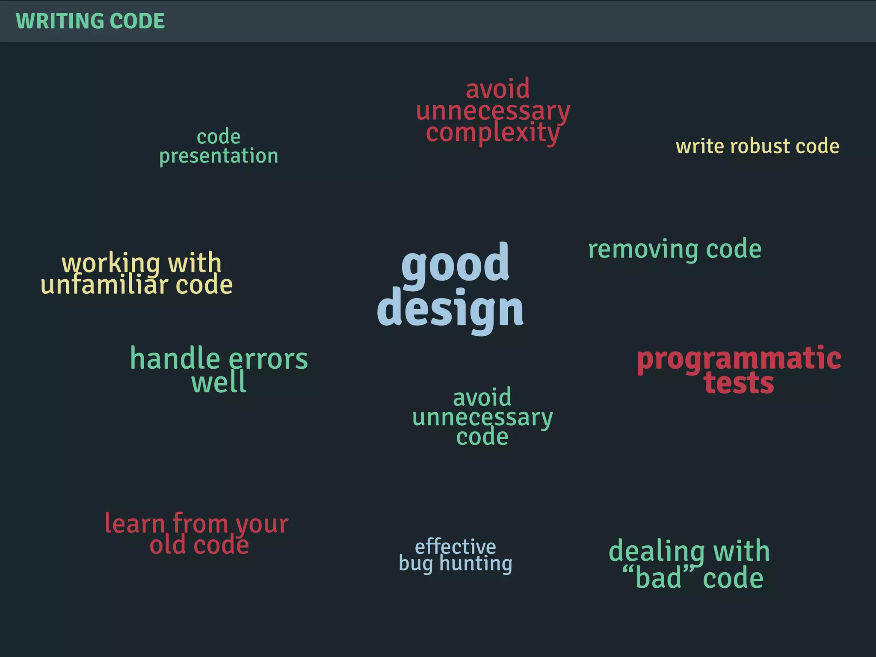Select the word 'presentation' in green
(219, 156)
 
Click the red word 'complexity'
(493, 133)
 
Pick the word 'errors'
(268, 359)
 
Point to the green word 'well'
(219, 382)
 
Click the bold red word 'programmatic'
(739, 359)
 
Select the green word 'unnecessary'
(482, 418)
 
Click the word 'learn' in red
(135, 523)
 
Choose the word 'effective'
(456, 546)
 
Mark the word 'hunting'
(476, 564)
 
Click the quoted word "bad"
(659, 577)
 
